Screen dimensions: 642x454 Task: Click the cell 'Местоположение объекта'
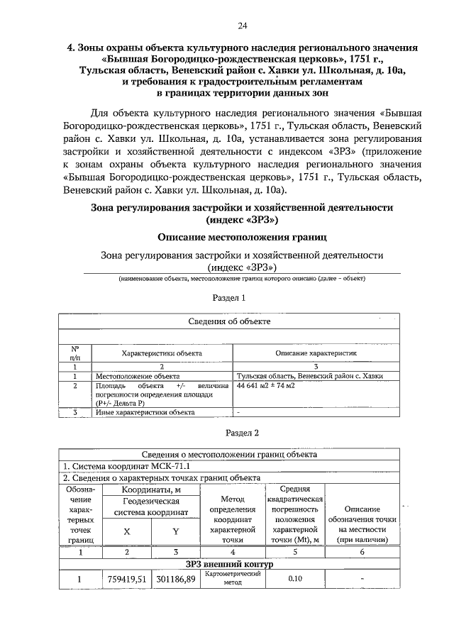(138, 376)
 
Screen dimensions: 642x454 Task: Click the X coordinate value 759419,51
(126, 580)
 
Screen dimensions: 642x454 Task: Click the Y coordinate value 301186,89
(175, 580)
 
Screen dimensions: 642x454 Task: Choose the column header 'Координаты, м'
(150, 489)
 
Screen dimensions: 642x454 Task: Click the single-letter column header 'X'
(126, 531)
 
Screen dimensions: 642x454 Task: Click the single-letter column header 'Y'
(175, 531)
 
